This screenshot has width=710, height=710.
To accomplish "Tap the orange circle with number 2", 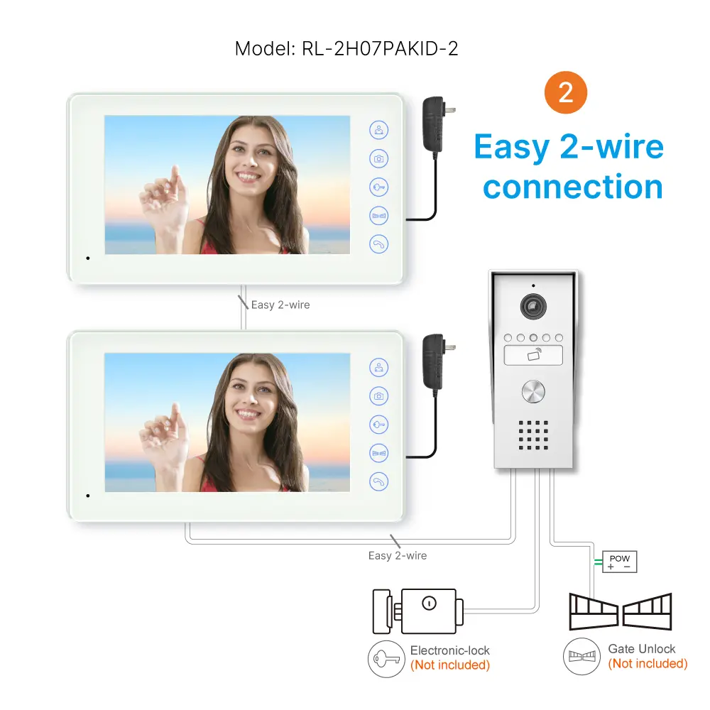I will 566,93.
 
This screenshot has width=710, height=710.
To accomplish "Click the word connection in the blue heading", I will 572,187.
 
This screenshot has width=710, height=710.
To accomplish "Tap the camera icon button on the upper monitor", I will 379,158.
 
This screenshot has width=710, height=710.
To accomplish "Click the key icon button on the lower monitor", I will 379,425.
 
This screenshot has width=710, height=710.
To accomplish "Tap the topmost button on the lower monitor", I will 379,368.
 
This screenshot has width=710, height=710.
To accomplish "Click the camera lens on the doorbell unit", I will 533,307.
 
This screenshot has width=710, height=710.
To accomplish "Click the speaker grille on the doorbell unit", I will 533,435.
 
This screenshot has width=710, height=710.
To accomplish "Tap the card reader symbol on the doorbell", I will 533,356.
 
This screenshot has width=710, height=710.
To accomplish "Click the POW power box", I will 619,562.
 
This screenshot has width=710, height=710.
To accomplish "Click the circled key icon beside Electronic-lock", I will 386,658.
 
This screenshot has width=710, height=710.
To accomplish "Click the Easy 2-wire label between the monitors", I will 280,305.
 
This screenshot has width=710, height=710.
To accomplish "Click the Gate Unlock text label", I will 642,649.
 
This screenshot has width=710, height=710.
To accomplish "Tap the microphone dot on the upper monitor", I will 88,258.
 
